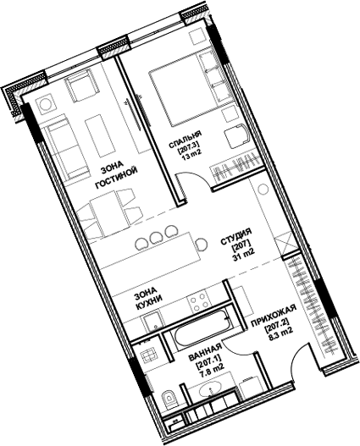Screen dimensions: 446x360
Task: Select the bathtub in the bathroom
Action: click(201, 336)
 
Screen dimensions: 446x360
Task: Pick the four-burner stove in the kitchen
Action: click(201, 300)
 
